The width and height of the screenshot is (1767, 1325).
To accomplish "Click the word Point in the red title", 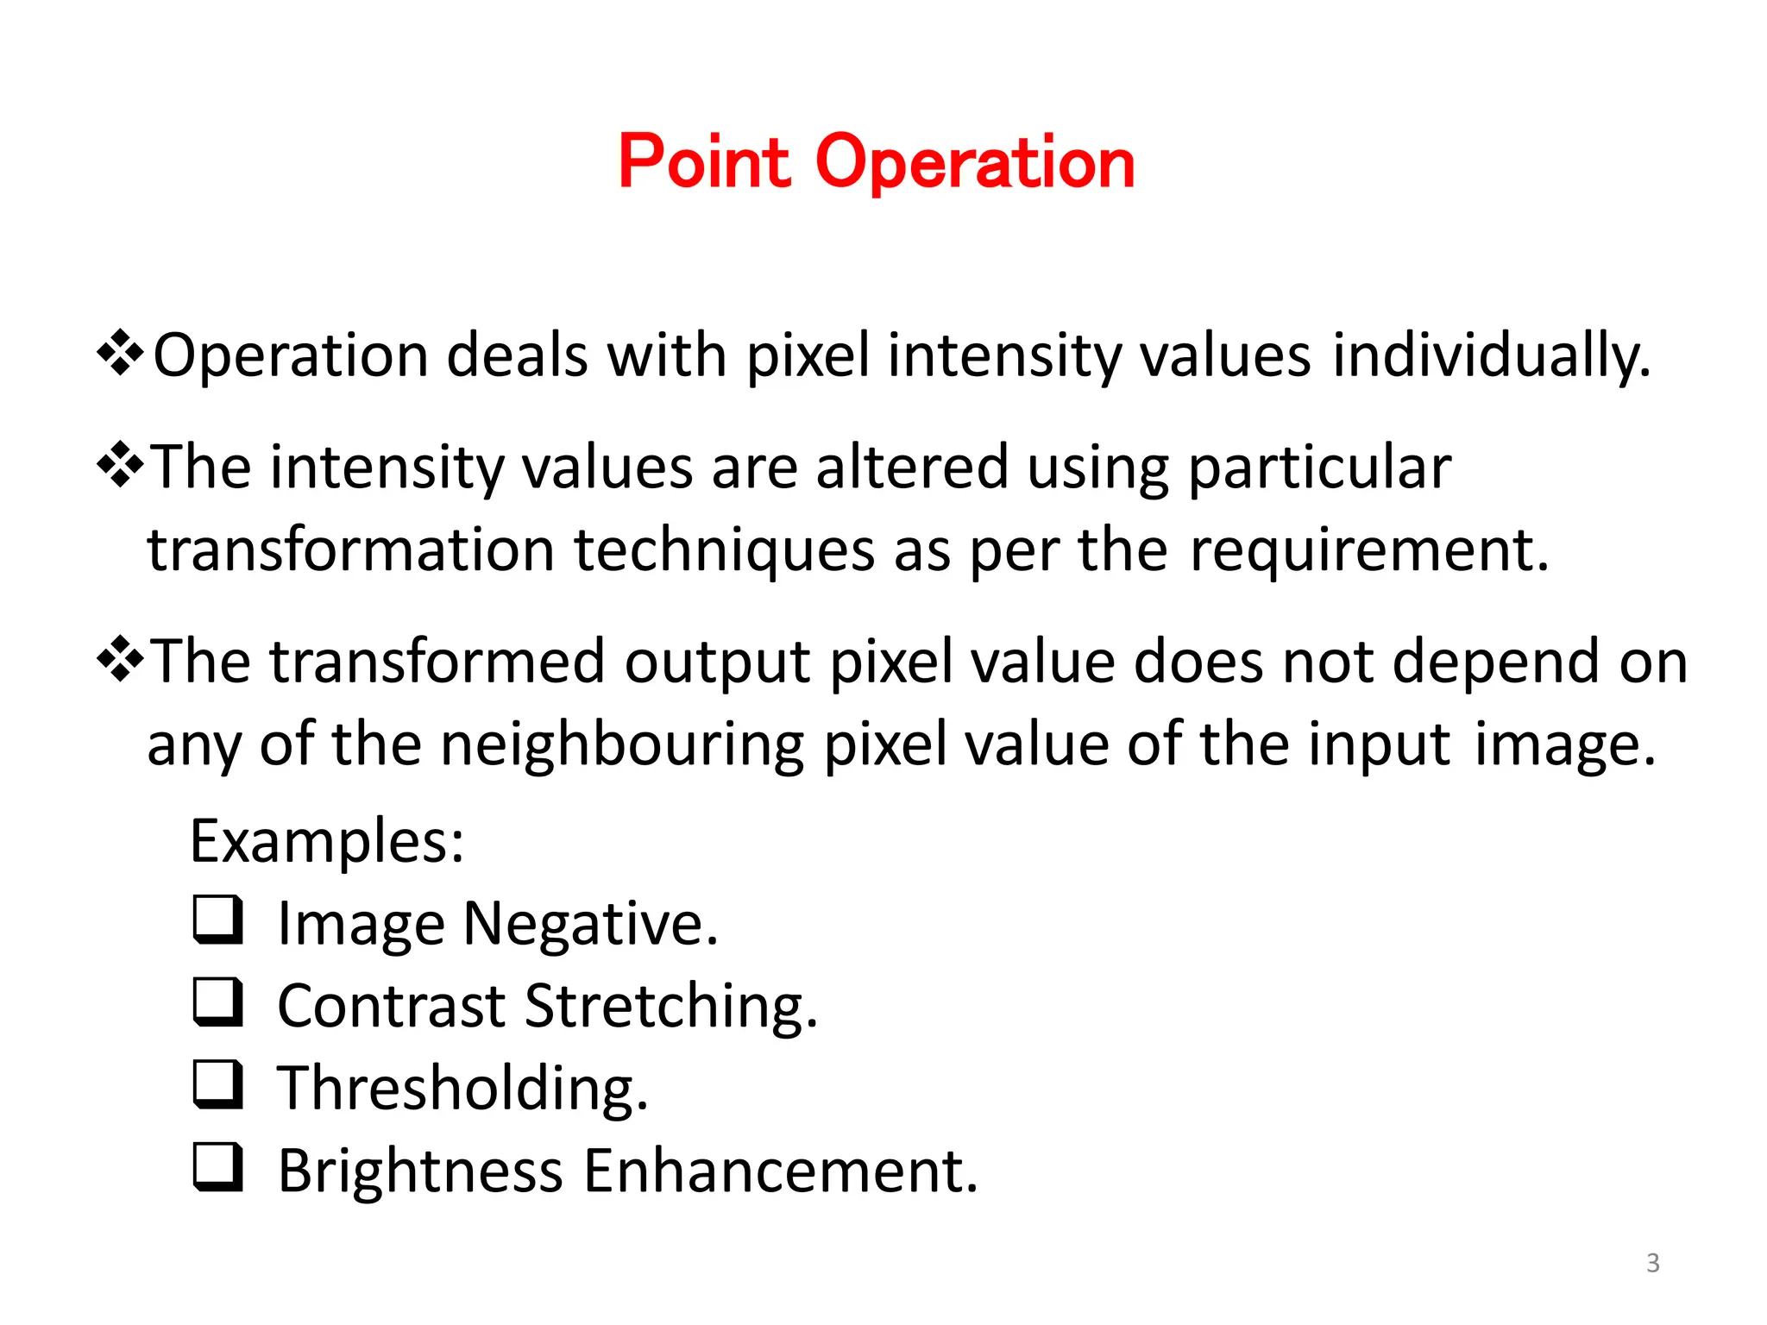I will click(704, 162).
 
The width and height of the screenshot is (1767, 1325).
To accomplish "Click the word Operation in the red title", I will click(975, 164).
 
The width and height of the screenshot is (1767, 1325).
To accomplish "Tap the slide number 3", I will click(1652, 1263).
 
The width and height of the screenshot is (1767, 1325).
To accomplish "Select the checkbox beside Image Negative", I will click(217, 920).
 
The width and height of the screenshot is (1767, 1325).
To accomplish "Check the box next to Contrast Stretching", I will click(217, 1002).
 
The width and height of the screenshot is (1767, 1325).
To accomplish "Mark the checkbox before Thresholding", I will click(217, 1083).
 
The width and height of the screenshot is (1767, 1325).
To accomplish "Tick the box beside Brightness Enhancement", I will click(217, 1166).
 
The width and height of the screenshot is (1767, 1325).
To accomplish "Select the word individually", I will click(1490, 356).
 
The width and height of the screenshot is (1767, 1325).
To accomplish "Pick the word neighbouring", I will click(622, 744).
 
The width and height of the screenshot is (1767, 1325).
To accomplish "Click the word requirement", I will click(1369, 550).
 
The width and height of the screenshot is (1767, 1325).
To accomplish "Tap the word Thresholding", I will click(462, 1088).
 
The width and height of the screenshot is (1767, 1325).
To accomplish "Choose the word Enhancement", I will click(781, 1171).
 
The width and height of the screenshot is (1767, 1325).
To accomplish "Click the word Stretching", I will click(670, 1007).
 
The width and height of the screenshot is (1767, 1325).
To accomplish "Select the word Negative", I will click(590, 925).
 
